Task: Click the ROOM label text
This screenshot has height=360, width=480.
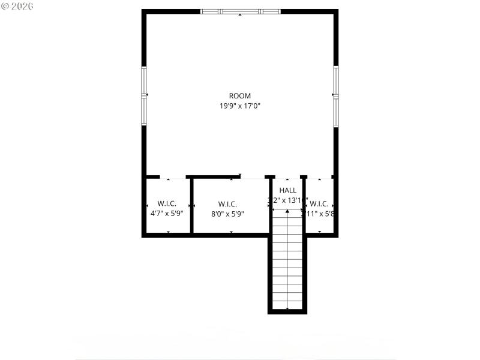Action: point(240,96)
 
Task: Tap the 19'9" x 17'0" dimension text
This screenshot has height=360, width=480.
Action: point(240,106)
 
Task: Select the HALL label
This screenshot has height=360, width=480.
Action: point(288,190)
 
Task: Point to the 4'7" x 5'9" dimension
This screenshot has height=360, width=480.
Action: point(167,214)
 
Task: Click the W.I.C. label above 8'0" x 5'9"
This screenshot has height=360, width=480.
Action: point(227,203)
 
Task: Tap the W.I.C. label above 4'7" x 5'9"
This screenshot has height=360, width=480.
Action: point(167,203)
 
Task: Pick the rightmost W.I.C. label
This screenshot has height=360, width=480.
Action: point(319,203)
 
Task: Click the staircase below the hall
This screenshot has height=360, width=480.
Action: point(287,264)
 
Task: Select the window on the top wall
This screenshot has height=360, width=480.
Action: point(240,11)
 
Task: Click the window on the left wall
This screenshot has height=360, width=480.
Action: point(144,95)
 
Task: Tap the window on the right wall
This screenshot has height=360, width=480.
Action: point(336,95)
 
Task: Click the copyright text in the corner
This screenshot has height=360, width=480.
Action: point(18,5)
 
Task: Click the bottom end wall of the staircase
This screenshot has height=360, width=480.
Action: point(287,311)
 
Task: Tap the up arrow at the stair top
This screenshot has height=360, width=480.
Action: point(287,211)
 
